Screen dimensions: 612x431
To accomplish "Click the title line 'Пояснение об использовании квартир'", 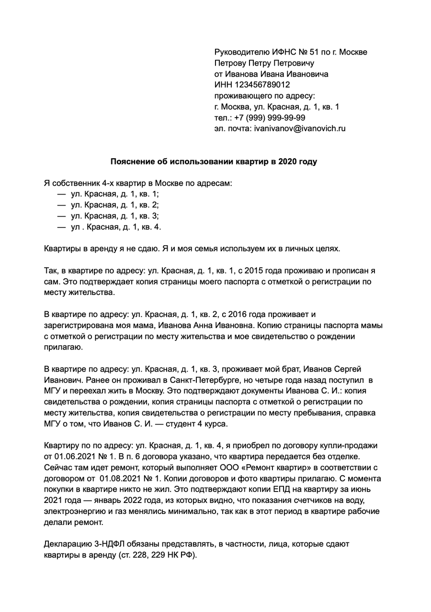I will click(x=214, y=162).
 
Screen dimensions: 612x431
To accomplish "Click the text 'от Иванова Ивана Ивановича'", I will click(x=272, y=74).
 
